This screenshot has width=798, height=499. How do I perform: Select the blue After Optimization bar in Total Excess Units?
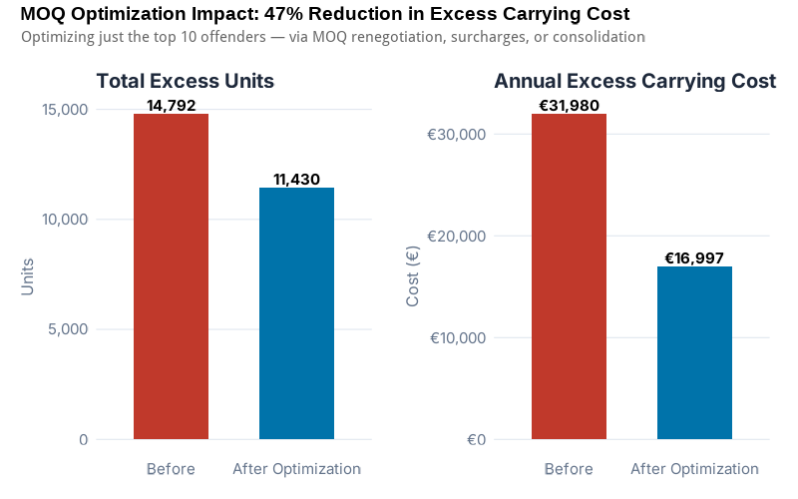click(x=296, y=313)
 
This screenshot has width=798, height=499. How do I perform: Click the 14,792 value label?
click(x=171, y=106)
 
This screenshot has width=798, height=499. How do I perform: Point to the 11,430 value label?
click(x=296, y=180)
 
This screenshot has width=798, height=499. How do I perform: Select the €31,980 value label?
click(x=569, y=106)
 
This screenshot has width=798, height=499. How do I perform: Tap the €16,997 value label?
click(x=694, y=258)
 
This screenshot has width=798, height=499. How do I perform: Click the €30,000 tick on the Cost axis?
click(x=457, y=135)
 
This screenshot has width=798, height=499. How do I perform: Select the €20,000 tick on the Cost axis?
click(x=457, y=237)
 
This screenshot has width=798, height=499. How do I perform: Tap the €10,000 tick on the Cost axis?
click(x=457, y=338)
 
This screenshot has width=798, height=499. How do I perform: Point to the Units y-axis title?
click(x=28, y=276)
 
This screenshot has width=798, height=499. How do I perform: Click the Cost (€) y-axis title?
click(x=413, y=276)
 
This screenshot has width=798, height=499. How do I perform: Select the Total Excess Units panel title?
click(x=185, y=82)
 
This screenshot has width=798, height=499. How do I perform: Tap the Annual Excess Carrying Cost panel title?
click(x=634, y=82)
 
